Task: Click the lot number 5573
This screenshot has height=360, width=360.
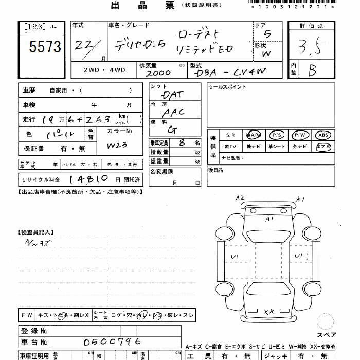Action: click(45, 48)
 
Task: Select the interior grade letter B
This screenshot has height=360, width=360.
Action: click(312, 70)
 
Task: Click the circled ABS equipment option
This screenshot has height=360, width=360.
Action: click(323, 135)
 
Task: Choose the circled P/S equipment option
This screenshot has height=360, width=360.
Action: click(277, 135)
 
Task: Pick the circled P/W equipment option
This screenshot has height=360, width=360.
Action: click(300, 135)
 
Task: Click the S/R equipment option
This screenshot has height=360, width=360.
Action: click(230, 135)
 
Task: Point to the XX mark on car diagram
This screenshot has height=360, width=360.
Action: click(268, 312)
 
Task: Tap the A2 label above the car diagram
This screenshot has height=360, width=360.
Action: click(240, 198)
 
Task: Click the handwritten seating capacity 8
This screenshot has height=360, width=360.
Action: click(182, 142)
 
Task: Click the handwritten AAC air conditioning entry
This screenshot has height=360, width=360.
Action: click(172, 112)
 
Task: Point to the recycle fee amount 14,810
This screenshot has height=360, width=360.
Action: click(87, 179)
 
